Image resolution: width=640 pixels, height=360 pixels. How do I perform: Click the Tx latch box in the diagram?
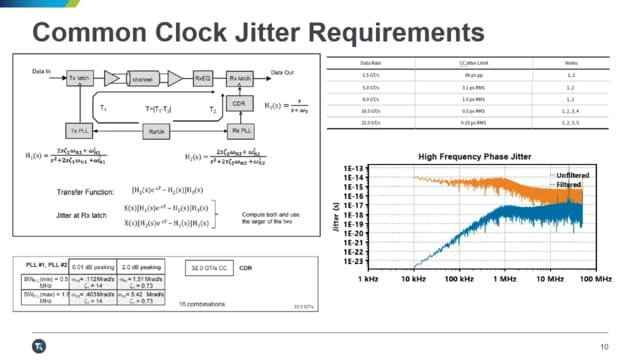80,77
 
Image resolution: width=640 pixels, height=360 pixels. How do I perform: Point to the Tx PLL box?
79,131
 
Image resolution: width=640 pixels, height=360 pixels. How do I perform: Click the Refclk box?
156,131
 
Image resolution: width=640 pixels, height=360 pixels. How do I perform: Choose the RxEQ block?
201,77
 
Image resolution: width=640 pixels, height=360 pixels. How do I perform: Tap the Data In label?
42,72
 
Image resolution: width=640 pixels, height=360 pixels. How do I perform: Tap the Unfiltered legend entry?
565,174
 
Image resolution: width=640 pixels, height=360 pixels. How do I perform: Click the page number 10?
604,346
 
